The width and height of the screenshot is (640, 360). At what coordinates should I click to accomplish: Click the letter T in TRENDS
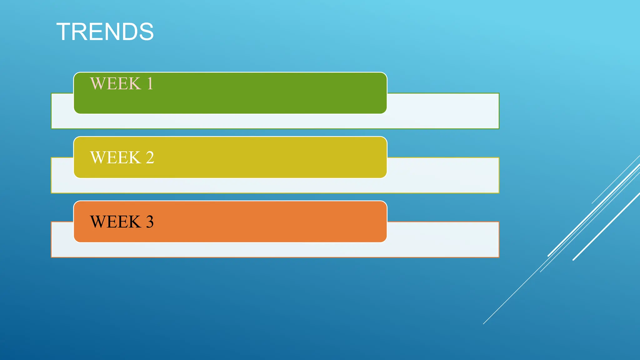pos(65,32)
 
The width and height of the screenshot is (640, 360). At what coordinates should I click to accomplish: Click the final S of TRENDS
pos(146,32)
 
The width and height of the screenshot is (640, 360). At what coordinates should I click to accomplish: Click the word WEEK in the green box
pos(115,84)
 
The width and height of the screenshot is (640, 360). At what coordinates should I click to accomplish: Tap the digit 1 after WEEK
pos(150,84)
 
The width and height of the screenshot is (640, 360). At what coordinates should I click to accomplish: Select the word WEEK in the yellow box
pos(115,157)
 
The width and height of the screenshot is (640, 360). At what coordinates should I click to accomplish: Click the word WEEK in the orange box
pos(115,222)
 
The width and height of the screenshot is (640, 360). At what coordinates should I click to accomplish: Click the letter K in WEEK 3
pos(135,222)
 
